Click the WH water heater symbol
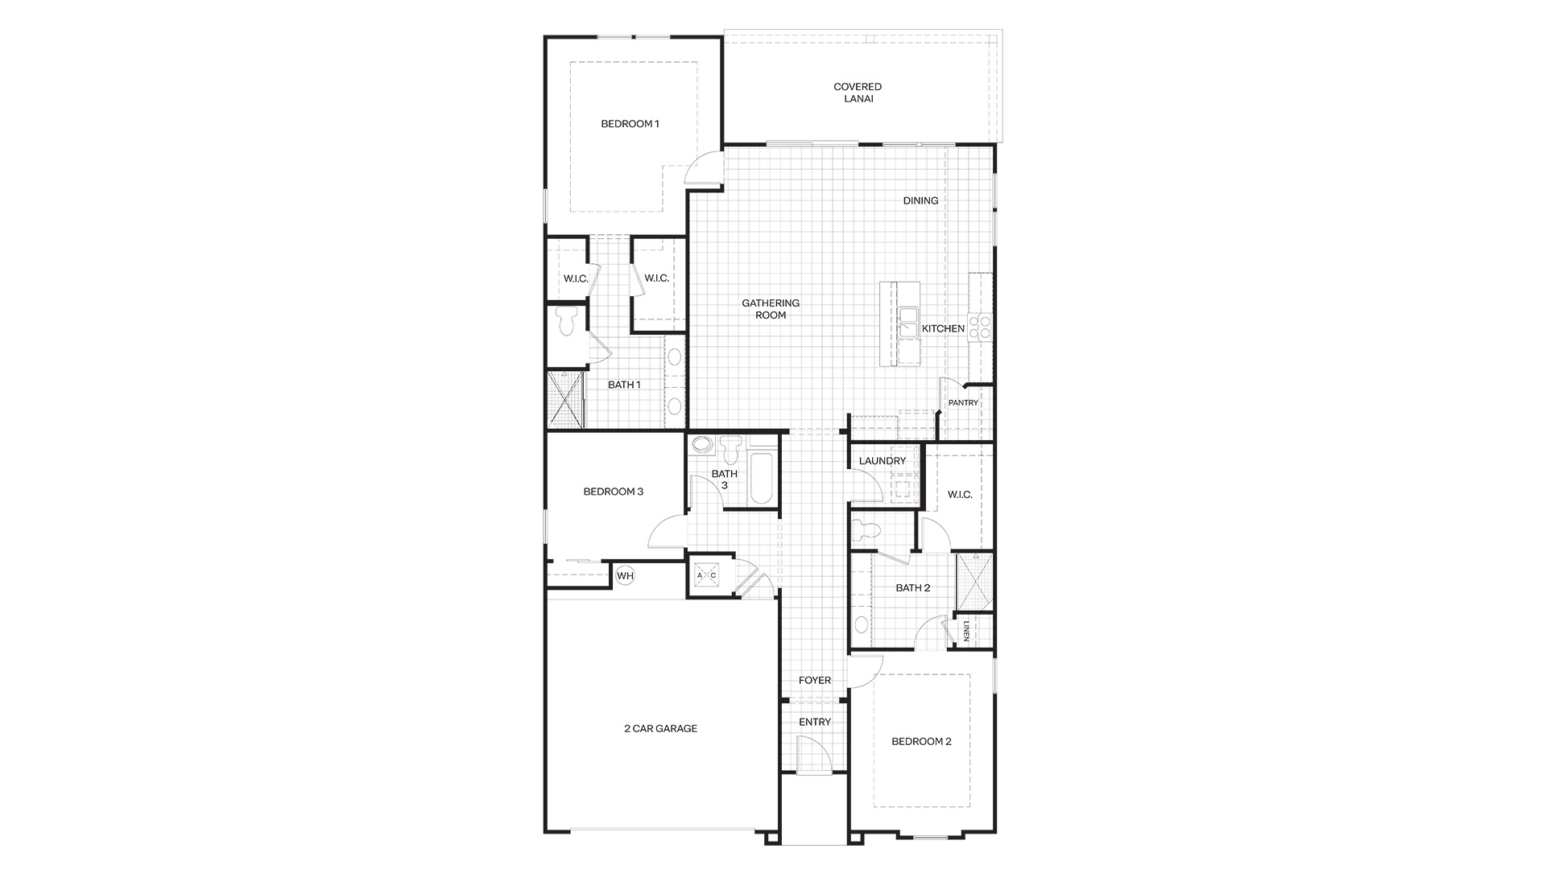(626, 575)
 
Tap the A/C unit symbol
(706, 575)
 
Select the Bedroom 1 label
(630, 124)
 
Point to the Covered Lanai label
(858, 93)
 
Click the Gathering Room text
(771, 309)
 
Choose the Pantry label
(963, 403)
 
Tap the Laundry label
(883, 461)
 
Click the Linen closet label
(966, 632)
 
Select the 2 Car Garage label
(660, 729)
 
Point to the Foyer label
(815, 681)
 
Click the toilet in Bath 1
(566, 319)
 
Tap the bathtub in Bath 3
(761, 479)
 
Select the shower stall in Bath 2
(974, 582)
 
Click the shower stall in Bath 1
(564, 398)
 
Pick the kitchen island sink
(909, 323)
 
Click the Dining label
(920, 201)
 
